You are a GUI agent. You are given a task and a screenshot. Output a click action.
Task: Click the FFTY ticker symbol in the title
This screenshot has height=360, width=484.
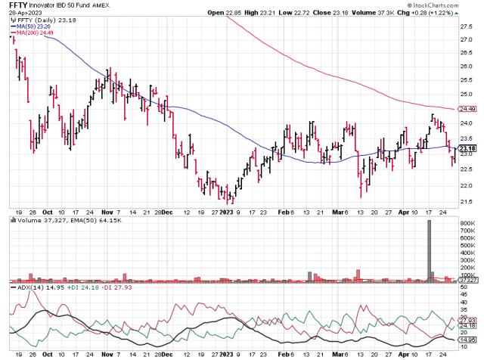coord(17,5)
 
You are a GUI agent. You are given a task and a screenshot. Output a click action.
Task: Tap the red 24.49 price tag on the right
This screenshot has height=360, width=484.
coord(467,108)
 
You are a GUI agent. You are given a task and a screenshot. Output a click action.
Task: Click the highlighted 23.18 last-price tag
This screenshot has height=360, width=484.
coord(467,149)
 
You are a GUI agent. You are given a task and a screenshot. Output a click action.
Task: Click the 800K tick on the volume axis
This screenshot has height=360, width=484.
coord(467,225)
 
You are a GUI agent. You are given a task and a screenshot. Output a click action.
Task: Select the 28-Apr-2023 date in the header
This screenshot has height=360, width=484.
coord(25,13)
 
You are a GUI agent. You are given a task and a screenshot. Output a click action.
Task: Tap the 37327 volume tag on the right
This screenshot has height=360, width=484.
coord(467,280)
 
